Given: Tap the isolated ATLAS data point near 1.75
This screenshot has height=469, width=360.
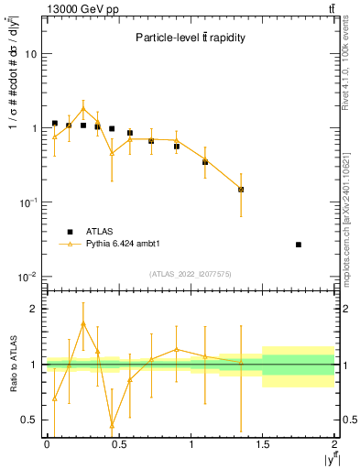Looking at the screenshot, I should pos(299,245).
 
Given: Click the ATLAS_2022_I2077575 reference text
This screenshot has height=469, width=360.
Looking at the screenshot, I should pos(190,273).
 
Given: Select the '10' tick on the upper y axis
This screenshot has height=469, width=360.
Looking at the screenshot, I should pos(30,54).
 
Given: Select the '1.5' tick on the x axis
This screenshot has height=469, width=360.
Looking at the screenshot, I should pos(263,444).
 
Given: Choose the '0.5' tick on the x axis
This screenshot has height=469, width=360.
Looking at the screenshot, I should pos(118,444).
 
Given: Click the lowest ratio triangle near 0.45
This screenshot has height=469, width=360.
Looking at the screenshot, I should pos(112,425).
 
